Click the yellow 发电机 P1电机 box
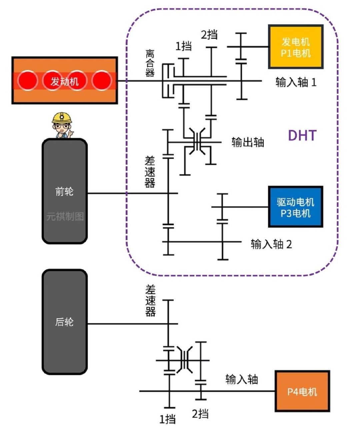[x=296, y=47]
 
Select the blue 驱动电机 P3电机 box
[x=296, y=207]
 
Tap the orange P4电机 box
[x=302, y=391]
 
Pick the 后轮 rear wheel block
[x=65, y=322]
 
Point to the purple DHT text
[x=302, y=135]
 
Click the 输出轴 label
[x=248, y=142]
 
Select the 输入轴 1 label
[x=296, y=82]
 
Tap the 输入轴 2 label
[x=271, y=244]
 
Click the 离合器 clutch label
[x=150, y=63]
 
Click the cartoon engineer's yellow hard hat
[x=62, y=118]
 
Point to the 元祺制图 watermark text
[x=65, y=216]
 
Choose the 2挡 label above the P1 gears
[x=209, y=35]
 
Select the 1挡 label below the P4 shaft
[x=167, y=419]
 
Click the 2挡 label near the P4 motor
[x=200, y=414]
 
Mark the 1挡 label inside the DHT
[x=183, y=46]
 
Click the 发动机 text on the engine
[x=65, y=81]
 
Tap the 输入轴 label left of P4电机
[x=242, y=380]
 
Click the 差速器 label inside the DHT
[x=150, y=172]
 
